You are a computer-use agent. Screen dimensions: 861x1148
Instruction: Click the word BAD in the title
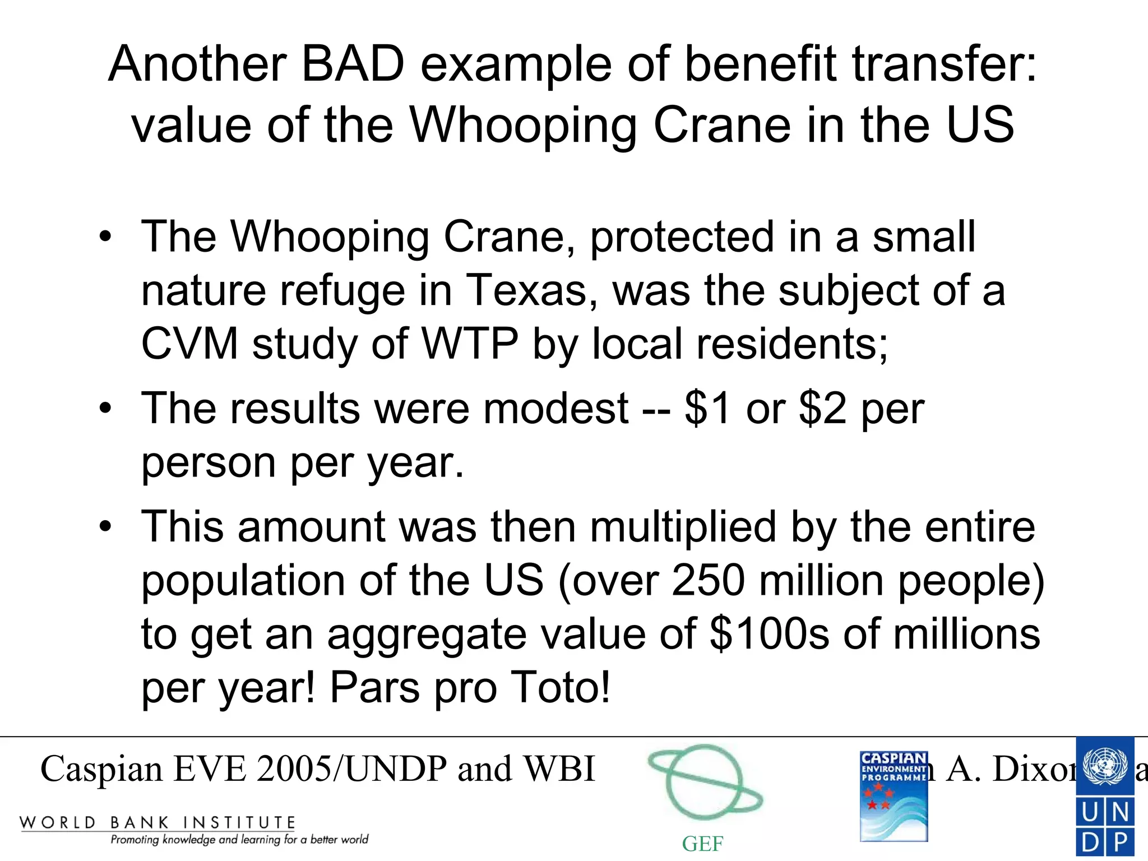(x=353, y=63)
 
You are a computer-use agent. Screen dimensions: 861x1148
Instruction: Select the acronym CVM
(x=189, y=344)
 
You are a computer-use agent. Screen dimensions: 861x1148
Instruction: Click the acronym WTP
(x=470, y=344)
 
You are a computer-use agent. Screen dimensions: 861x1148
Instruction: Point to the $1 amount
(x=707, y=408)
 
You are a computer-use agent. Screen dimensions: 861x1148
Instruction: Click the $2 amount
(x=822, y=408)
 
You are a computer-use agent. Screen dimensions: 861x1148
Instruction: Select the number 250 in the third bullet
(x=708, y=580)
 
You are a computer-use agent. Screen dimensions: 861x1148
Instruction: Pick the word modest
(x=556, y=408)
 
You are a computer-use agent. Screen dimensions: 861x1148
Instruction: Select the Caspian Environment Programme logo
(x=894, y=796)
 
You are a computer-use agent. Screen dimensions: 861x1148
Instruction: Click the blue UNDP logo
(x=1105, y=796)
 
